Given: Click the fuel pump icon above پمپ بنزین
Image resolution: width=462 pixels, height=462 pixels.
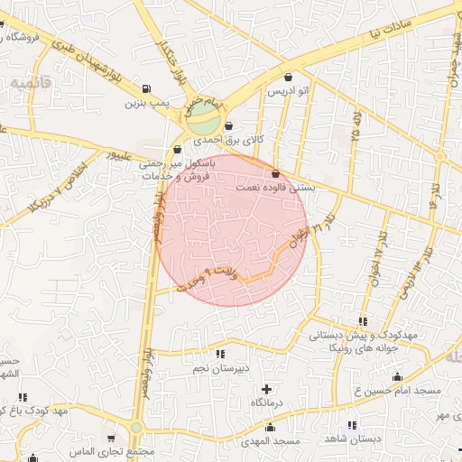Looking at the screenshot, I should tap(146, 89).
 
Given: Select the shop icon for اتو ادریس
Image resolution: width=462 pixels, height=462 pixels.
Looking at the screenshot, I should tap(288, 78).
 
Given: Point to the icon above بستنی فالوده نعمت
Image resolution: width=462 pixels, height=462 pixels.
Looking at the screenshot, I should tap(275, 172).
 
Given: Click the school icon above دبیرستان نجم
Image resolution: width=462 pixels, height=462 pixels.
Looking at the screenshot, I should tap(220, 355).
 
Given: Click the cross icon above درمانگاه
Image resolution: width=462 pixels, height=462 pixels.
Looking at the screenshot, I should tap(265, 388).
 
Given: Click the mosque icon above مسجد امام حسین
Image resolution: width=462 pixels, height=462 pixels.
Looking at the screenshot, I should tap(397, 375).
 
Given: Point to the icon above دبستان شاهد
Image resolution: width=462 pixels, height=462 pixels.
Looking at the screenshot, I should tap(352, 425).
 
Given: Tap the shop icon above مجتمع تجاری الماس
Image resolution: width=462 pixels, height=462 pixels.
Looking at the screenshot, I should tap(111, 438).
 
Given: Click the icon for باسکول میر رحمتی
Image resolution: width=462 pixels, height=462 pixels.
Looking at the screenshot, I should tap(176, 151).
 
